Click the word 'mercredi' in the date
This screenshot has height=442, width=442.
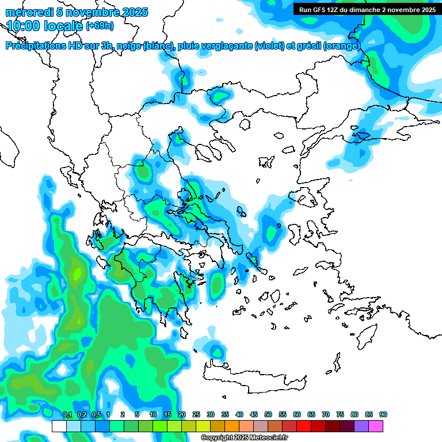pos(25,12)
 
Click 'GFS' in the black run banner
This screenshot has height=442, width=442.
pos(320,10)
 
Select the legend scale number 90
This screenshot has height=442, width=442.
pos(383,414)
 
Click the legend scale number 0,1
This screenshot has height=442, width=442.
pos(67,414)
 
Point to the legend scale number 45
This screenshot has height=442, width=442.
pos(254,414)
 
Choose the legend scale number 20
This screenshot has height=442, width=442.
pos(182,414)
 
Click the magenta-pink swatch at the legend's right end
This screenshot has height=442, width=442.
pos(376,426)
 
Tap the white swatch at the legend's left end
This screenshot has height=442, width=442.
pos(59,426)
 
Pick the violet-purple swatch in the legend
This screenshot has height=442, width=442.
pos(361,426)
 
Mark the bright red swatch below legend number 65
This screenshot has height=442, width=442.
pos(304,426)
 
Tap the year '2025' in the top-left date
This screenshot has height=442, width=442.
pos(133,12)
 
